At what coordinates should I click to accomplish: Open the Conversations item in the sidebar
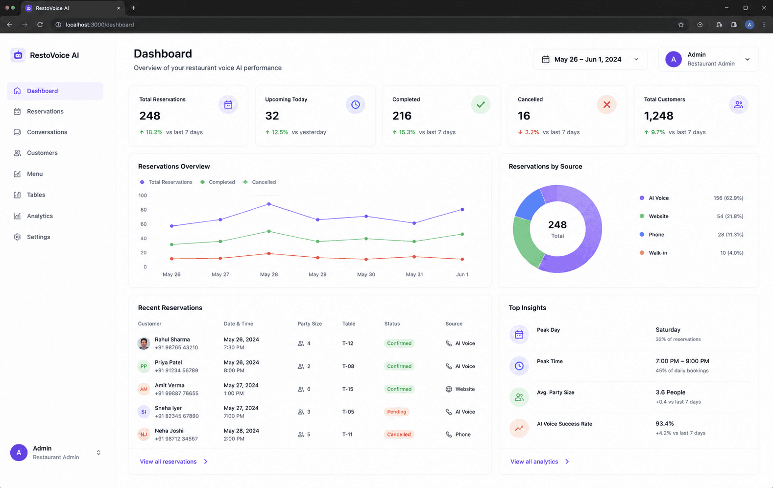coord(47,132)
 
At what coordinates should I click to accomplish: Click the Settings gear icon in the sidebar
coord(17,237)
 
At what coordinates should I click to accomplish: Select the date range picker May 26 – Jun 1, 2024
coord(590,59)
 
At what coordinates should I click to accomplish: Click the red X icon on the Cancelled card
coord(606,104)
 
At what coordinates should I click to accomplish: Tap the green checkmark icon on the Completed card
coord(481,104)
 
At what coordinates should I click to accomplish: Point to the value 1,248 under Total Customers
coord(658,116)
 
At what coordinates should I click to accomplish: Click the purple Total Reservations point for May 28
coord(269,204)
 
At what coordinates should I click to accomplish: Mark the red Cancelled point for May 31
coord(414,257)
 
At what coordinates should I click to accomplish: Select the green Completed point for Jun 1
coord(462,234)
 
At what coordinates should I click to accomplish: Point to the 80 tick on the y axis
coord(143,210)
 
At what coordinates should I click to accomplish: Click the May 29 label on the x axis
coord(317,274)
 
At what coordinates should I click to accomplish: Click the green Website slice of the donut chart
coord(524,242)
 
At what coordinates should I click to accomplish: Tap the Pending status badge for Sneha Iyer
coord(396,412)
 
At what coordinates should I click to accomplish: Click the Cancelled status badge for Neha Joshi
coord(399,435)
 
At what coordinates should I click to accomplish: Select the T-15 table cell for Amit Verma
coord(348,389)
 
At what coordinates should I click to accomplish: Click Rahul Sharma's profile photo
coord(144,343)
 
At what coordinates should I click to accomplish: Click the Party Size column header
coord(310,324)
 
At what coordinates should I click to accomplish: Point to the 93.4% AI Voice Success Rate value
coord(665,423)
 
